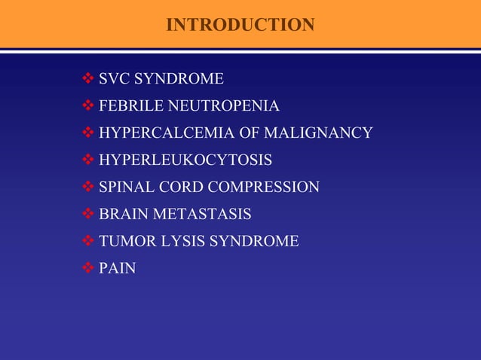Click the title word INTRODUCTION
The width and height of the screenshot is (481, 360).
click(x=240, y=25)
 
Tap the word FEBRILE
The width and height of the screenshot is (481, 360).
click(x=127, y=106)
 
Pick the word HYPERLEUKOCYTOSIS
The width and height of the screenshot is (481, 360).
click(x=185, y=160)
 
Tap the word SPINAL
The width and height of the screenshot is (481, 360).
click(x=125, y=188)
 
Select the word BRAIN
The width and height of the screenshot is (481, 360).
click(x=124, y=215)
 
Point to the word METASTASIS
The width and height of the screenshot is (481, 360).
click(x=202, y=215)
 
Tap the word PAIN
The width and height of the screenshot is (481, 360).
click(x=118, y=268)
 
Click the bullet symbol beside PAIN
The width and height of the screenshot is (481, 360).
click(x=88, y=267)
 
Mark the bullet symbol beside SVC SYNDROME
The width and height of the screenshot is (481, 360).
click(x=88, y=78)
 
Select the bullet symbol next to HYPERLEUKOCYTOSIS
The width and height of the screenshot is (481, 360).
click(x=88, y=160)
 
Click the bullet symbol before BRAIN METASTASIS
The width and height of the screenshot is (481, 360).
click(x=88, y=214)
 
